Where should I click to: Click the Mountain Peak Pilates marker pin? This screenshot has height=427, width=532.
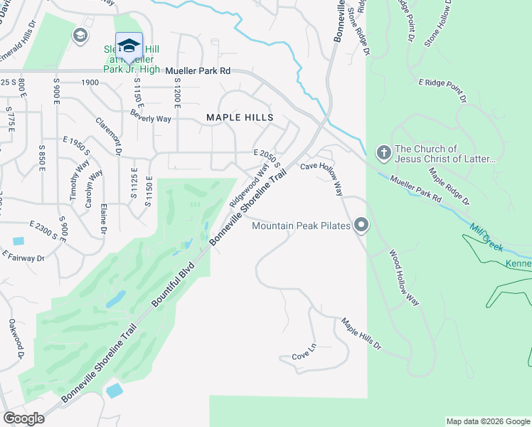(x=361, y=226)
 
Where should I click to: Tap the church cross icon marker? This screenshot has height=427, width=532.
(x=383, y=152)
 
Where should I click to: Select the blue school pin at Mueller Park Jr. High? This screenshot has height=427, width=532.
(x=129, y=47)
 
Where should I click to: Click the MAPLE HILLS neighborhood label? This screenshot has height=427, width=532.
(x=240, y=117)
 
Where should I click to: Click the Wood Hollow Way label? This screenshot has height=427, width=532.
(x=404, y=277)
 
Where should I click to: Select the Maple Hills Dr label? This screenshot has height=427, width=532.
(x=362, y=336)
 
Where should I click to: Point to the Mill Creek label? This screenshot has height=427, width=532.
(x=487, y=238)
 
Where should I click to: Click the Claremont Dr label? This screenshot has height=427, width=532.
(x=109, y=136)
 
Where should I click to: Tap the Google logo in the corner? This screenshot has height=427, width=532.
(x=24, y=418)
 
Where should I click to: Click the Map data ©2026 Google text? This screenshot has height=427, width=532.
(x=487, y=421)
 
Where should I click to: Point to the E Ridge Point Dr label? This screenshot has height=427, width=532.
(x=442, y=91)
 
